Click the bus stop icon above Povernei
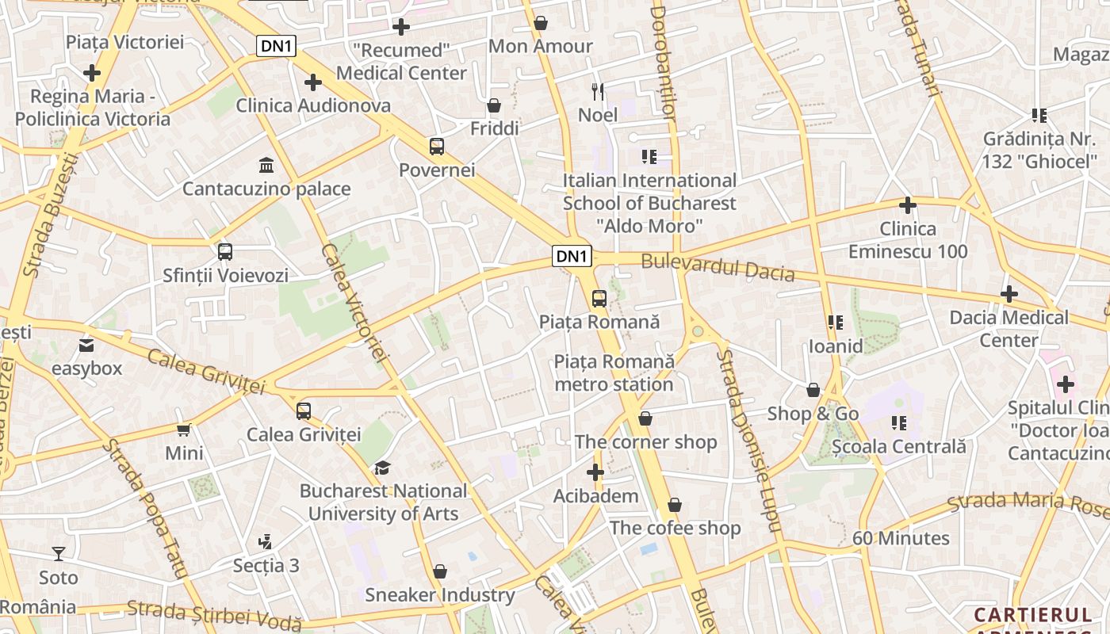pos(437,146)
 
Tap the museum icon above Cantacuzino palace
pos(266,166)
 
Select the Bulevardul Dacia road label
pos(718,267)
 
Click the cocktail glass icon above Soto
pos(59,553)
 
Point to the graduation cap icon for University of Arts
pos(383,468)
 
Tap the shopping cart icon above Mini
pos(184,430)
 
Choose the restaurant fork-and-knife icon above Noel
pos(598,92)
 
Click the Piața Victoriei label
pos(125,42)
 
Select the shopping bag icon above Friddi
pos(494,105)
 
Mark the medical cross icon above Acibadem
pos(595,473)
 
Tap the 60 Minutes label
pos(901,538)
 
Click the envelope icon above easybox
pos(86,345)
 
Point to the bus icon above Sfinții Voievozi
pos(225,252)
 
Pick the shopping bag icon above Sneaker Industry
pos(440,571)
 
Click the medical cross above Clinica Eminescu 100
pos(908,205)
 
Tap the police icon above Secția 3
pos(266,542)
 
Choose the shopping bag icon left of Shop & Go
pos(813,390)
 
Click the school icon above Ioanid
pos(835,323)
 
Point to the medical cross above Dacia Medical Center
pos(1009,294)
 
